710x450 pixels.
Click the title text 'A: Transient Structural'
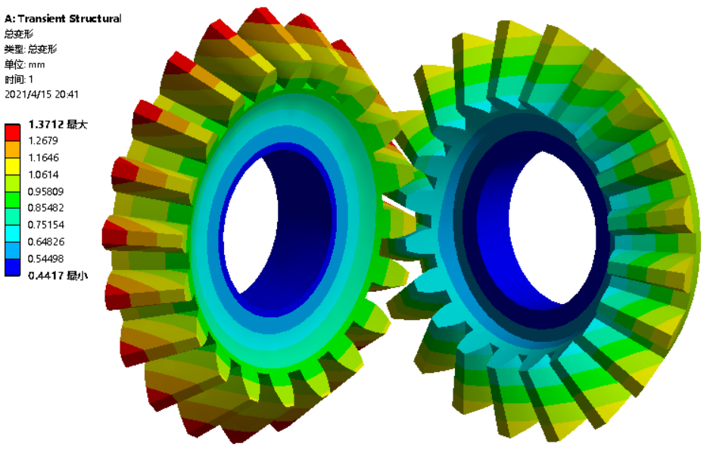[x=63, y=19]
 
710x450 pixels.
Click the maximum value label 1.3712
[x=45, y=124]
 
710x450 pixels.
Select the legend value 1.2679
[x=43, y=141]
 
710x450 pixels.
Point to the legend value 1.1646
[x=43, y=157]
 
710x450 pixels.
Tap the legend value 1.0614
[x=43, y=175]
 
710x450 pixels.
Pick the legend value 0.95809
[x=45, y=191]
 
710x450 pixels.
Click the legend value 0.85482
[x=45, y=207]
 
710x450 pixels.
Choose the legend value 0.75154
[x=45, y=225]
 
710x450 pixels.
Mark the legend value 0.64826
[x=45, y=241]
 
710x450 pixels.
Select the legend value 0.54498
[x=45, y=259]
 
